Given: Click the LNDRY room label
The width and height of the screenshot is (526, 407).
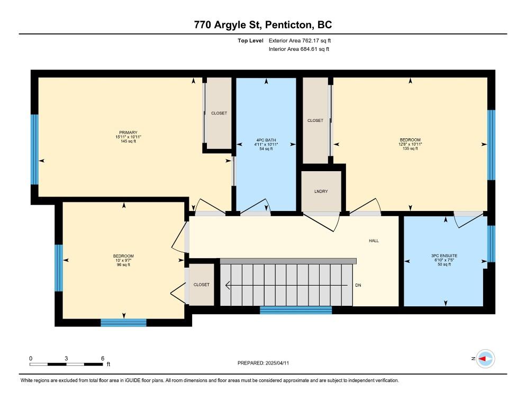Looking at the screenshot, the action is (321, 191).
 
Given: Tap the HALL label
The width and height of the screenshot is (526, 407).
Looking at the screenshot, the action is (374, 241).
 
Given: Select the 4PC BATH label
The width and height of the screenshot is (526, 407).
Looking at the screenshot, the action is (266, 140).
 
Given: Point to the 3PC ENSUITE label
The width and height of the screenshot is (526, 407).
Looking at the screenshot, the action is (444, 256).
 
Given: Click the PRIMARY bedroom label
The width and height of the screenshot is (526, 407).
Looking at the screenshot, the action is (128, 132).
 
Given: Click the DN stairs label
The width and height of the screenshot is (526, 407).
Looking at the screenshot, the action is (358, 285).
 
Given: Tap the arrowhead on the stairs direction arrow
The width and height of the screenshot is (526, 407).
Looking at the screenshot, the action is (228, 285).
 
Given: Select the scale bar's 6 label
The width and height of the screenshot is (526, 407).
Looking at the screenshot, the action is (103, 358).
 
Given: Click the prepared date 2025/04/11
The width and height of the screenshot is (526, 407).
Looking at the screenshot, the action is (277, 363).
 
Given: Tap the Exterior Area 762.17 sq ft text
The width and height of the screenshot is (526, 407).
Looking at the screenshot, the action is (300, 41).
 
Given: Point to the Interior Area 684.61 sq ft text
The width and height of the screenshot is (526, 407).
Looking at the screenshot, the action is (299, 49).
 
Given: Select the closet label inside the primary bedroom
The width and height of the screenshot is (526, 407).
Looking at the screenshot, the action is (219, 113).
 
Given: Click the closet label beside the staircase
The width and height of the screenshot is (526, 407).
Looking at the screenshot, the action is (201, 285).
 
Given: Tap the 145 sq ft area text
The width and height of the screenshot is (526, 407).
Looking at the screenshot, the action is (128, 141).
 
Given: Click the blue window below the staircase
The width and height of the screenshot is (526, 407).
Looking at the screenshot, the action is (296, 310).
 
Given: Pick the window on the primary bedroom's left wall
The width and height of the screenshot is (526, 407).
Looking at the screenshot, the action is (34, 149).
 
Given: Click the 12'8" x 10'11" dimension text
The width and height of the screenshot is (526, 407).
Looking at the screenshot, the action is (410, 144).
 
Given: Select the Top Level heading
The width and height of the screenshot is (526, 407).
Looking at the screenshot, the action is (251, 41).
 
